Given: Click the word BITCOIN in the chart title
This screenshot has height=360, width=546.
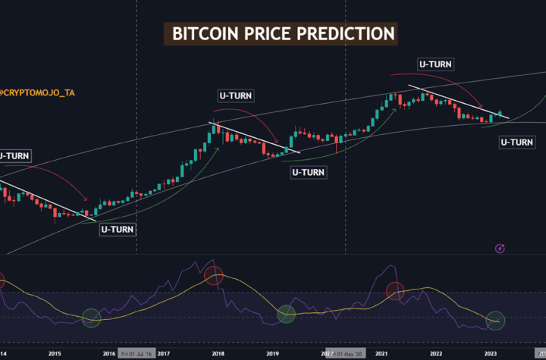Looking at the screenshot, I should coord(202,34).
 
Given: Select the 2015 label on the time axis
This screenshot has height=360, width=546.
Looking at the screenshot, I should coord(55,353).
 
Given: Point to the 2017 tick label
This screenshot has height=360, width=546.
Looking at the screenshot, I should coord(163,353).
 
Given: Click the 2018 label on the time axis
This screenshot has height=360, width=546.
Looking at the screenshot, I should coord(218,353).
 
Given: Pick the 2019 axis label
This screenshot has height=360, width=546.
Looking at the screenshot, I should coord(273,353).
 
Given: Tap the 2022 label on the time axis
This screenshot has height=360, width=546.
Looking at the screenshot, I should coord(436,353).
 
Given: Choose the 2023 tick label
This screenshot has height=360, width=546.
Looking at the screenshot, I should coord(491,353).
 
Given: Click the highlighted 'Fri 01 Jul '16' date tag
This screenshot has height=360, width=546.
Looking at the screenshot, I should coord(135,353).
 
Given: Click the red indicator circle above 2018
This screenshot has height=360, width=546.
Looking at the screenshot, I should coord(215,276).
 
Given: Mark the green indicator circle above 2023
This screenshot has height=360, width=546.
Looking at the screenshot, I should coord(495,321).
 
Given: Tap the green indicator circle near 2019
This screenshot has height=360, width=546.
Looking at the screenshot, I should coord(286,313).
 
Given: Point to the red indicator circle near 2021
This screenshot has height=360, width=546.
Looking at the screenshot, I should coord(397,290).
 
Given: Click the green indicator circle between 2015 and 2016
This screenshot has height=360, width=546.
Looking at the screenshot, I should coord(91,318).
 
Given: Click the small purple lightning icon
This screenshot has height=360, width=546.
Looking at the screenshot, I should coord(500,248).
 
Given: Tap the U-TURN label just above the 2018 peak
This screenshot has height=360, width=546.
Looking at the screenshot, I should coord(236,95).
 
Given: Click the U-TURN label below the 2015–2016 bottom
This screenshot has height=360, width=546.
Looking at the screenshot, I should coord(118,228).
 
